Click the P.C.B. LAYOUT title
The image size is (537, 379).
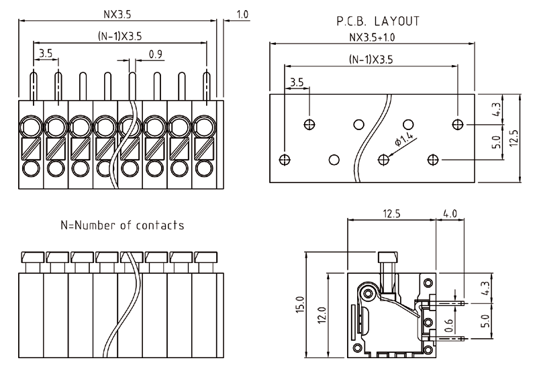click(378, 21)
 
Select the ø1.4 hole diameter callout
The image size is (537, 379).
click(405, 140)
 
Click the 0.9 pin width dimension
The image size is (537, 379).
click(154, 54)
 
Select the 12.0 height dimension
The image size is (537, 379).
click(322, 314)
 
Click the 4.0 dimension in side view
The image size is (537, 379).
click(450, 214)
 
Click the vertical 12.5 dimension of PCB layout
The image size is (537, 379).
click(514, 137)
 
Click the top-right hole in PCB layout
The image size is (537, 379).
click(458, 124)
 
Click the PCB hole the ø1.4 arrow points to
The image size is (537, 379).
click(384, 159)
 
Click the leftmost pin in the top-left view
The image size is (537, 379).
click(33, 86)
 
